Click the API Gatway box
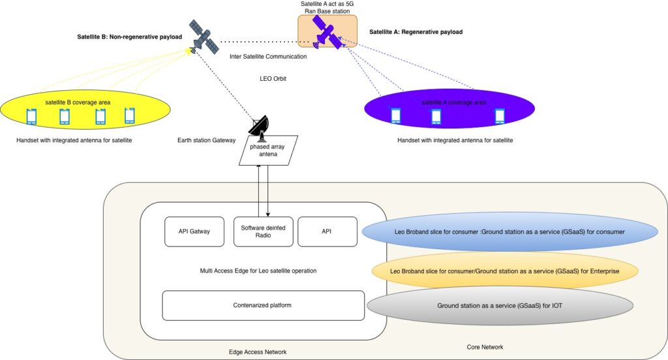pos(194,232)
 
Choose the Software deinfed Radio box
pos(263,232)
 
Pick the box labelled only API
pos(327,232)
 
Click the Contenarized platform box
pos(262,305)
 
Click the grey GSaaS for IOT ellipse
pos(501,305)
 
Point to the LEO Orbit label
pos(273,79)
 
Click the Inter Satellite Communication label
pos(268,57)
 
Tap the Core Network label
pos(485,347)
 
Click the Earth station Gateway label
pos(205,140)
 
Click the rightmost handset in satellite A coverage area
pos(500,116)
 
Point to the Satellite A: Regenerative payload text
pos(416,31)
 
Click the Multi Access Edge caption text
pos(263,269)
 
